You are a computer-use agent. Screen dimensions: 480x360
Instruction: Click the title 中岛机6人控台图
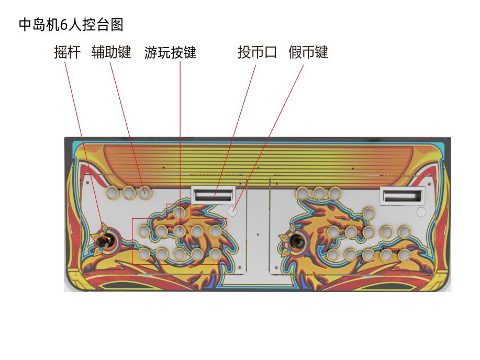(71, 25)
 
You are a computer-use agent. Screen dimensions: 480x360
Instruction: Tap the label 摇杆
(68, 52)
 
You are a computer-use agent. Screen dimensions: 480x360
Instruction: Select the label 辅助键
(111, 52)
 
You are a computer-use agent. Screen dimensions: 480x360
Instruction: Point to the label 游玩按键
(171, 52)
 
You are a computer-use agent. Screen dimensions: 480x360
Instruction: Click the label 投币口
(257, 52)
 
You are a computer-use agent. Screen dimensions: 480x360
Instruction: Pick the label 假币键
(308, 52)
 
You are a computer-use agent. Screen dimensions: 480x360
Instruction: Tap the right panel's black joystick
(297, 240)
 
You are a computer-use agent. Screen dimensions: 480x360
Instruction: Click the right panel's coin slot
(403, 196)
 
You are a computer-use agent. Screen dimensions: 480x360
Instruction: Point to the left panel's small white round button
(232, 210)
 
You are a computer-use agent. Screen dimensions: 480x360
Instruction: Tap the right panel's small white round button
(421, 212)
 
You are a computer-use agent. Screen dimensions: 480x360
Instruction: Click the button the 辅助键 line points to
(145, 193)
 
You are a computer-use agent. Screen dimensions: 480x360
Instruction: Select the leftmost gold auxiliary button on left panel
(113, 192)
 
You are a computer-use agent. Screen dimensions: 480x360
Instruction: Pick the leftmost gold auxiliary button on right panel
(303, 193)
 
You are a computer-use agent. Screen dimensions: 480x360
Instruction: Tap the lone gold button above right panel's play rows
(369, 213)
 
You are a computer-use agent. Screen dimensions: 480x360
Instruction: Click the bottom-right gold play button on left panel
(216, 254)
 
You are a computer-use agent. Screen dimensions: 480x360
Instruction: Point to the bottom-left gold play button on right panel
(333, 254)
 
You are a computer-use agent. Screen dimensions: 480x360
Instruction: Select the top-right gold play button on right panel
(405, 232)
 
